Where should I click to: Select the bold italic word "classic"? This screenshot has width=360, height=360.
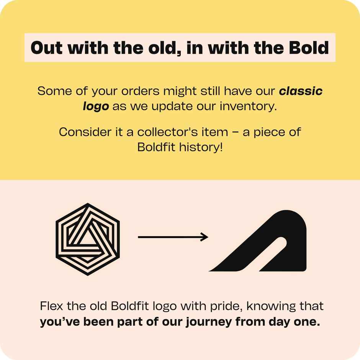coord(301,91)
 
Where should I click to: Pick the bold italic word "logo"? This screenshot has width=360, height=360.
coord(96,106)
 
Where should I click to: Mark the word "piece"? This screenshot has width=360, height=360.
coord(264,132)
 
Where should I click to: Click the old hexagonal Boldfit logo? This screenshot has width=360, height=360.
coord(88,239)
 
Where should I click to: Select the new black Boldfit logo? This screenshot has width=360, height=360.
coord(264,241)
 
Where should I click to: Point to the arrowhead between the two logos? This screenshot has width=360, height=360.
coord(204,237)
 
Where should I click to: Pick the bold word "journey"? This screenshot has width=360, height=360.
coord(208,322)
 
